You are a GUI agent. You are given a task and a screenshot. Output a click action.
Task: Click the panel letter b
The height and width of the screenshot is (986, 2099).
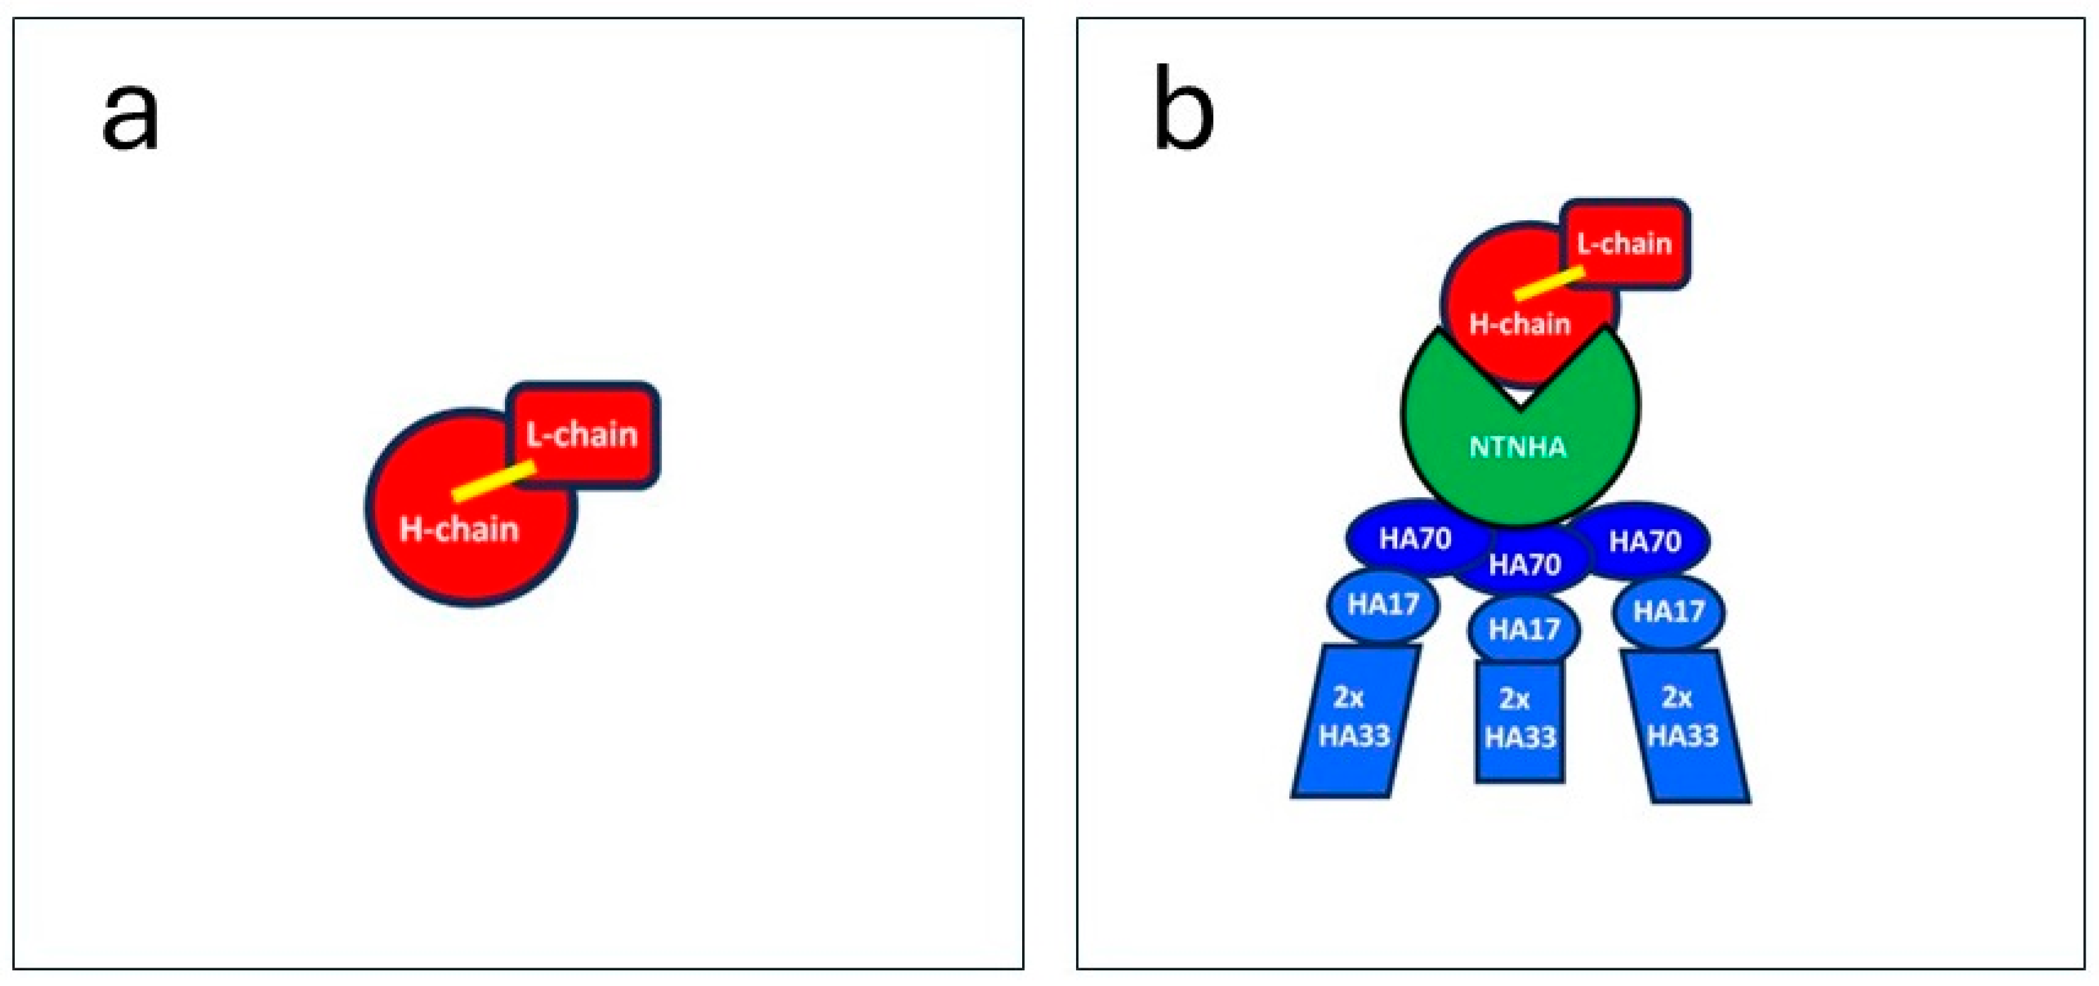[1183, 110]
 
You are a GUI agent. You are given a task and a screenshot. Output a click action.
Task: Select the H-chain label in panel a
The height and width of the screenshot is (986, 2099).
[459, 530]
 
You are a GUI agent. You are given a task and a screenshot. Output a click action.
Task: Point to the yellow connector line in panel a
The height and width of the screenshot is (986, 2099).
[494, 482]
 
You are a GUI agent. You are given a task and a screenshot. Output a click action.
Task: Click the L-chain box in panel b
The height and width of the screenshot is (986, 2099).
[1625, 243]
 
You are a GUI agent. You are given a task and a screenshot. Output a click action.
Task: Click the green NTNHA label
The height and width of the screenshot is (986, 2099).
[1518, 448]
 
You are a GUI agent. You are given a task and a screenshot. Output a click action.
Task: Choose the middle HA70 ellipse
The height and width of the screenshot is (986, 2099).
[1524, 565]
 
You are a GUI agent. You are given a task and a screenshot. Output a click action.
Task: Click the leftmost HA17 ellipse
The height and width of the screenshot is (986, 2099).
[1383, 605]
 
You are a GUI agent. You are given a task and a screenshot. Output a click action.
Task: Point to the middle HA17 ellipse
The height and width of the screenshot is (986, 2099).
[1524, 629]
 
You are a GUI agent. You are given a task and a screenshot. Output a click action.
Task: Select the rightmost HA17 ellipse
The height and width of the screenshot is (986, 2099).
[1668, 611]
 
